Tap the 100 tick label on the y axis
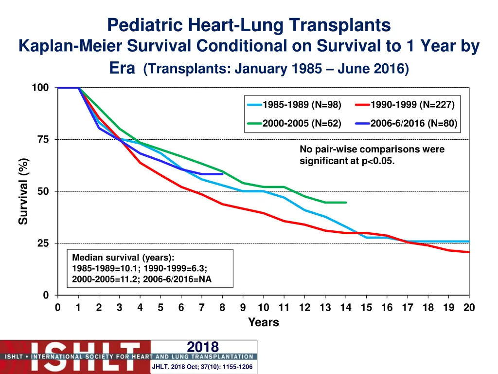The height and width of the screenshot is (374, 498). coord(40,88)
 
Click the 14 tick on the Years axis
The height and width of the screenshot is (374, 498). coord(346,308)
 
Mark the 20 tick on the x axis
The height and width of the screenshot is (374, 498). coord(469,308)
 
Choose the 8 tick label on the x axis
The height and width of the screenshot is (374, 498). coord(222,308)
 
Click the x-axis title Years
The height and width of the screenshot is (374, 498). coord(263,322)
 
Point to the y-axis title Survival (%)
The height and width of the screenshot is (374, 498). coord(23,191)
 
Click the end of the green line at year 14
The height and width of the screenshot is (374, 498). coord(346,203)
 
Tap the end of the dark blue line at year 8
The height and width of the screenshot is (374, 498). coord(222,174)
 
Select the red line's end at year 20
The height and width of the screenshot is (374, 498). coord(469,252)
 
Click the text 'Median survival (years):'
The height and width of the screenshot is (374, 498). coord(123,258)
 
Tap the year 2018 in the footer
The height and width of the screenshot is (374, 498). coord(203,347)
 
